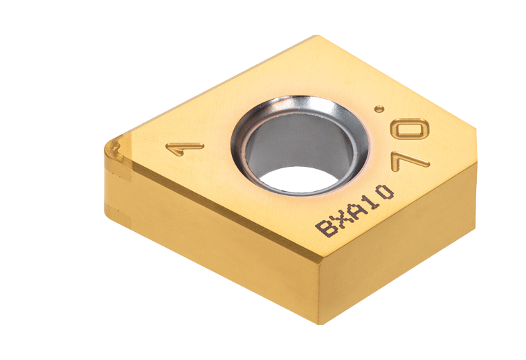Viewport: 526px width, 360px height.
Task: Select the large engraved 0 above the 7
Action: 412,130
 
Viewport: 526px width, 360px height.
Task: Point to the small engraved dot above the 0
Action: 378,109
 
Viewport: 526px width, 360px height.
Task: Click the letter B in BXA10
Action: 323,228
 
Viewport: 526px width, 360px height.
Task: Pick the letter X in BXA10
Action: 338,219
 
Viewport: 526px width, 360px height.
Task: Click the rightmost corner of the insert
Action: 475,127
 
